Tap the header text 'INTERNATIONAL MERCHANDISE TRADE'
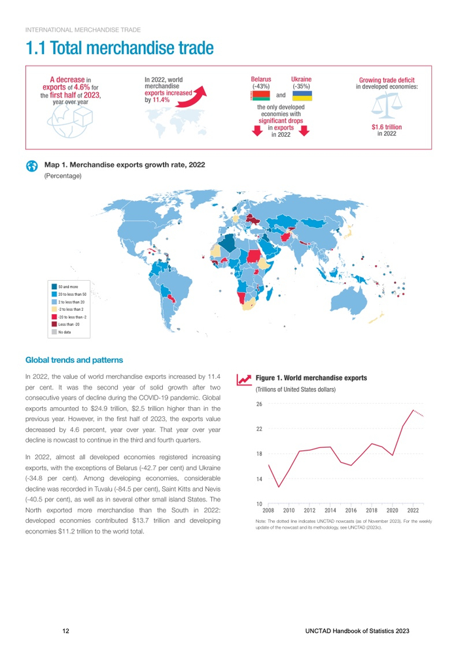click(x=82, y=29)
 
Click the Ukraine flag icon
click(x=302, y=96)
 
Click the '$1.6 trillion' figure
click(x=386, y=127)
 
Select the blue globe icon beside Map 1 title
click(x=31, y=166)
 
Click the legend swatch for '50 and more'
click(x=54, y=286)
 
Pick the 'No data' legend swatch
click(x=54, y=332)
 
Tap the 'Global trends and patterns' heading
click(x=73, y=359)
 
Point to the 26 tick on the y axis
click(x=259, y=405)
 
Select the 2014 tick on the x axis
click(x=330, y=509)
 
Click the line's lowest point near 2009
click(x=279, y=487)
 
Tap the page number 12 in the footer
click(x=65, y=630)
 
